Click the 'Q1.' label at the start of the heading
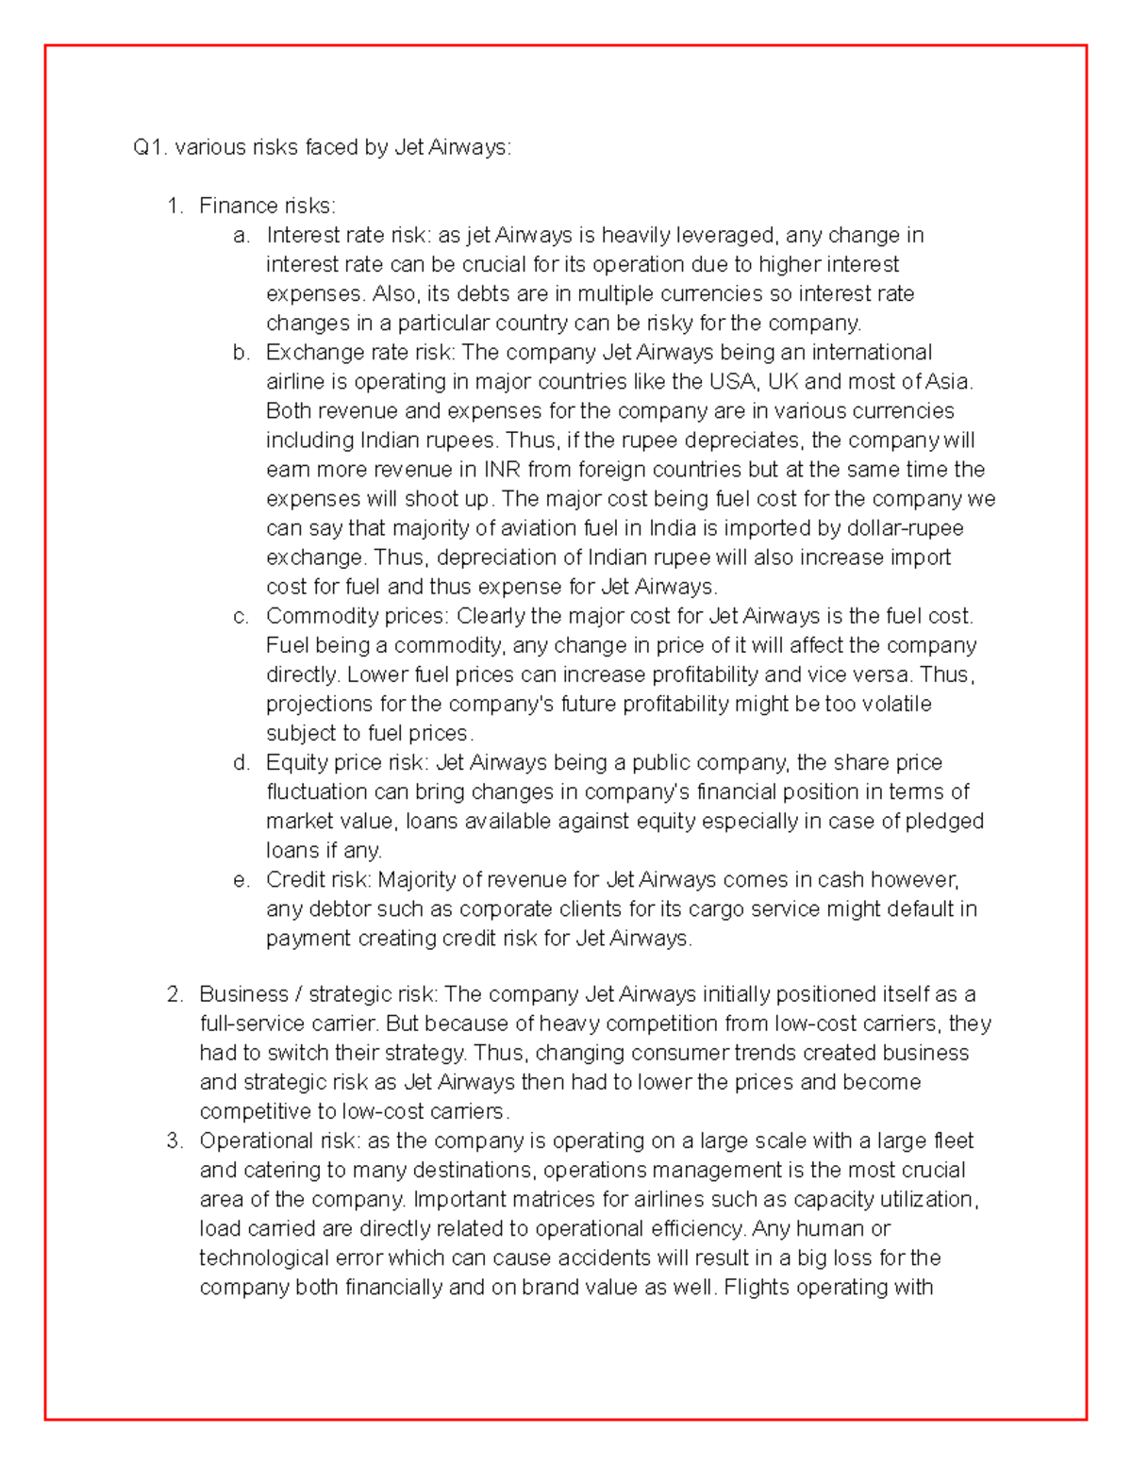tap(149, 147)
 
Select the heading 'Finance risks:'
tap(267, 206)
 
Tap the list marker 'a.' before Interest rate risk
tap(241, 235)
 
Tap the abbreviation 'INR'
tap(502, 469)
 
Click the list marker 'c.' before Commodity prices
tap(241, 616)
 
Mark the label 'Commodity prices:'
tap(358, 616)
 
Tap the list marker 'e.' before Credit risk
tap(241, 879)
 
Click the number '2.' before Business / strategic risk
tap(175, 994)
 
